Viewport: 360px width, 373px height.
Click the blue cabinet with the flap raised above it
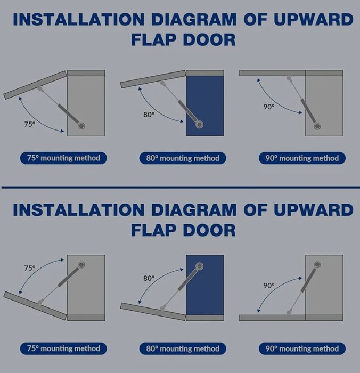204,106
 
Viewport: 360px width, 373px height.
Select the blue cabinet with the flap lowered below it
204,285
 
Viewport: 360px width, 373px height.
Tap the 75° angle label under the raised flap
30,124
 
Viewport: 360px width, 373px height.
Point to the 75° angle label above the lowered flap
30,268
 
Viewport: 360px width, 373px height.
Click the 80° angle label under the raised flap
149,115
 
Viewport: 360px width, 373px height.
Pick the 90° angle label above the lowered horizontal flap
269,285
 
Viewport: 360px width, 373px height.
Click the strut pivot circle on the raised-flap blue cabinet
199,124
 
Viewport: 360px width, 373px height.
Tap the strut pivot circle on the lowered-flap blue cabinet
199,266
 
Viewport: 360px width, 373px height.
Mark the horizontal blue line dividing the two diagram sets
181,188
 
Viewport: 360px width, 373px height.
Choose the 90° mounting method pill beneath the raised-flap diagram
302,158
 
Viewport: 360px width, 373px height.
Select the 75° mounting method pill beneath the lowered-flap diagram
63,348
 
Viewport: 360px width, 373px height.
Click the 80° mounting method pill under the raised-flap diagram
183,158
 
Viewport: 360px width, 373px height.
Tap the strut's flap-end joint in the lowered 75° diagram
40,302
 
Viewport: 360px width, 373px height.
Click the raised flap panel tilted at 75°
35,85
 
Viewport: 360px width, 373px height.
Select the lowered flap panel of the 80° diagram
153,312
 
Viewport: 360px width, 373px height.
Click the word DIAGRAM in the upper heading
194,19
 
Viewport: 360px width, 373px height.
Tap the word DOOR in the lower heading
209,230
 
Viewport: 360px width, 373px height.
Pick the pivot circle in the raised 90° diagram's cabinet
317,126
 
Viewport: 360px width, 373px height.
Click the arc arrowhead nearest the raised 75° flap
20,98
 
